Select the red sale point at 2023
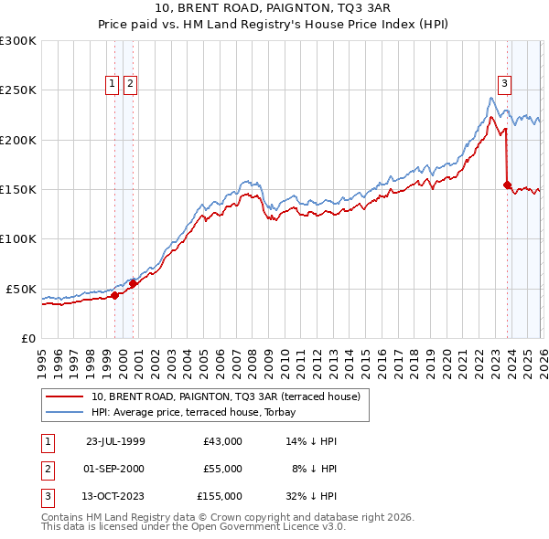(x=507, y=185)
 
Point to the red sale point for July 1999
(x=114, y=295)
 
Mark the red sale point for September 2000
(x=133, y=283)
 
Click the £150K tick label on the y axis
(x=18, y=190)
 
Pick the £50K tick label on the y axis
(x=22, y=289)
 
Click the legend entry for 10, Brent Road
(x=226, y=396)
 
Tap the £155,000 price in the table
(x=220, y=496)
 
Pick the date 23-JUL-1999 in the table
(x=114, y=441)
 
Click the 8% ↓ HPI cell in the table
(x=314, y=469)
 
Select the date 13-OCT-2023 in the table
(x=114, y=496)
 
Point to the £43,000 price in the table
(x=222, y=441)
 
